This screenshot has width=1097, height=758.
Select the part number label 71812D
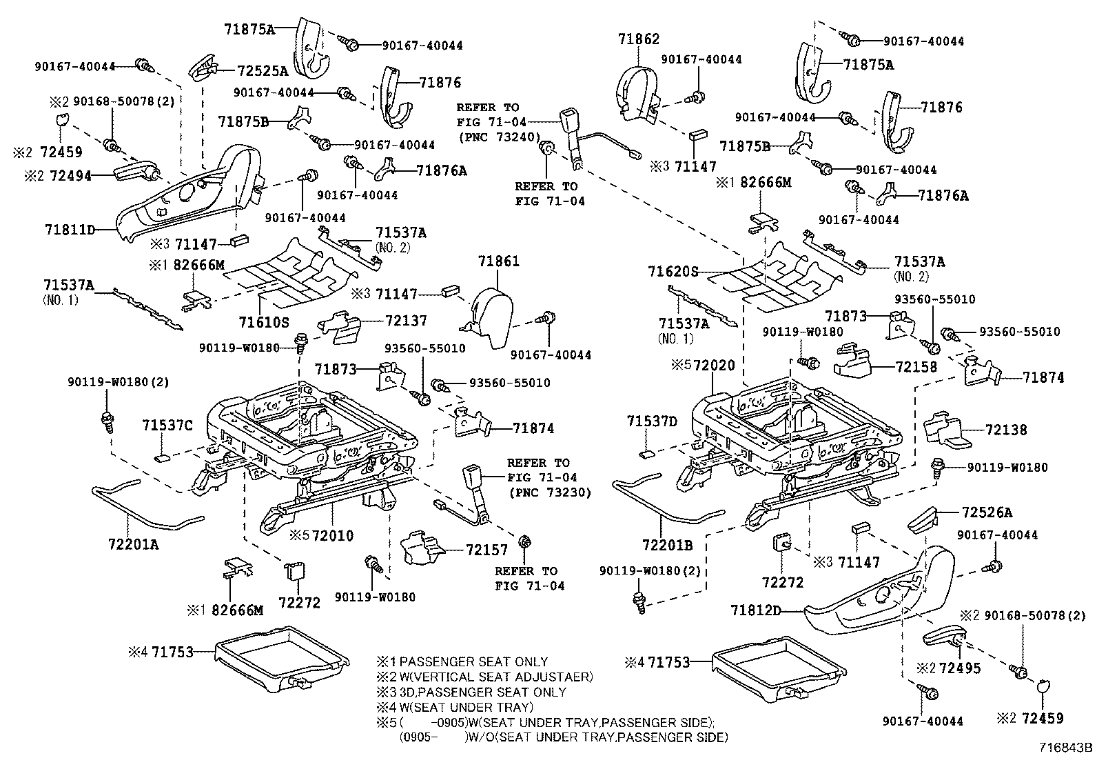756,610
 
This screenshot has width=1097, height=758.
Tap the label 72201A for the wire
133,544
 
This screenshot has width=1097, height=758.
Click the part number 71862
639,39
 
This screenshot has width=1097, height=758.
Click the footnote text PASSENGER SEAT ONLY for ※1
473,661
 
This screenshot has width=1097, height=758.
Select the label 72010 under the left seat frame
332,536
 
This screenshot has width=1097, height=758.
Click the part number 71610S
264,321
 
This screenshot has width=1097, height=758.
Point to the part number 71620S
673,272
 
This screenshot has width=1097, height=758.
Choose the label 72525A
263,70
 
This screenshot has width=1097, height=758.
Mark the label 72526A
987,512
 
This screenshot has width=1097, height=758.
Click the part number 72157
486,550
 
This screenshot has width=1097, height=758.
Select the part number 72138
1006,430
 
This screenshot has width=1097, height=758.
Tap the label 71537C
167,426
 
